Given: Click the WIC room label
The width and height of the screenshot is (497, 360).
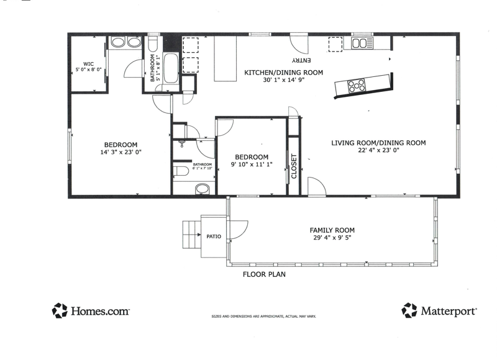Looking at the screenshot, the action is (88, 64).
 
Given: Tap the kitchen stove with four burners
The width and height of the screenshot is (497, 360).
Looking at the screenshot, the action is (357, 85).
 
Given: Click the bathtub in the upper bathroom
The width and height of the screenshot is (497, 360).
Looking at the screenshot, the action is (171, 68).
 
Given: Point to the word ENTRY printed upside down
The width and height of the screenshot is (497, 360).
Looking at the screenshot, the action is (301, 60).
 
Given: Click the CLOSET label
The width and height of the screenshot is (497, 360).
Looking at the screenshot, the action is (294, 166).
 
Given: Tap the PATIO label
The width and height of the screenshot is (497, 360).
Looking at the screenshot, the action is (214, 236).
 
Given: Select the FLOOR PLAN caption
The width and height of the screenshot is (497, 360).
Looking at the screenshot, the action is (264, 274).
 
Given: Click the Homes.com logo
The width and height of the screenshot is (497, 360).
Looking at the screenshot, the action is (91, 310).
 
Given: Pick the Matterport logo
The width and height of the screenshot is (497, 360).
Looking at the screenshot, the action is (439, 310).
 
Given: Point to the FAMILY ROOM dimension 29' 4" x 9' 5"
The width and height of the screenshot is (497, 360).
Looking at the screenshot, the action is (332, 238).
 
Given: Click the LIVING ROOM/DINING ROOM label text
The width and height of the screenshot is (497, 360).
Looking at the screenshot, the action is (378, 143).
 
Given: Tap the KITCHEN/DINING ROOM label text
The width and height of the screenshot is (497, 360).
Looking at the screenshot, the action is (284, 73).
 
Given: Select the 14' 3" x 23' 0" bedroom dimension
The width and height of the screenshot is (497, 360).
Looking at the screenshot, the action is (121, 152).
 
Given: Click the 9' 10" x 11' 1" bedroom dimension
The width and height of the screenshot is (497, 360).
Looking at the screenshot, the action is (252, 164).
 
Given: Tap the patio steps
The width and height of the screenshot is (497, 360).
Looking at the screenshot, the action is (192, 235).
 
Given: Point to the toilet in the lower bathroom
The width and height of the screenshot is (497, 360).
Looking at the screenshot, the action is (181, 171).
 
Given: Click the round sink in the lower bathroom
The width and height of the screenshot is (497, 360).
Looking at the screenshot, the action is (203, 189).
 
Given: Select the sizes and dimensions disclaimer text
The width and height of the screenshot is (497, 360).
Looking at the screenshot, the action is (263, 317).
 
